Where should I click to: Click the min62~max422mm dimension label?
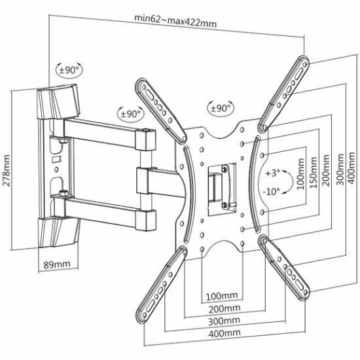click(175, 21)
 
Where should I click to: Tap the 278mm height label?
click(6, 170)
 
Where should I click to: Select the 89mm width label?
click(57, 264)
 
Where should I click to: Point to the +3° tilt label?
click(272, 173)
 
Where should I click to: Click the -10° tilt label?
click(272, 191)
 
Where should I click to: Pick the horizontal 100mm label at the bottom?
click(222, 296)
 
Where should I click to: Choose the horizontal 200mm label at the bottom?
click(225, 308)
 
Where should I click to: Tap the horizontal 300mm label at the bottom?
click(224, 321)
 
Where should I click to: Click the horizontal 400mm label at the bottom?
click(225, 333)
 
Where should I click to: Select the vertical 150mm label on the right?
click(314, 172)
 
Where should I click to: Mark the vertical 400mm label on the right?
click(351, 168)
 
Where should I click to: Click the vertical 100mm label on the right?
click(301, 173)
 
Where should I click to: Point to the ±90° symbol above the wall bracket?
click(69, 69)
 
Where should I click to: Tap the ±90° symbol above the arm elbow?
click(131, 114)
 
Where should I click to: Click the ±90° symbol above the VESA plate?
click(221, 108)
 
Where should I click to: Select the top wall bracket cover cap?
click(58, 101)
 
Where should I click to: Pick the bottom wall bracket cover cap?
click(59, 232)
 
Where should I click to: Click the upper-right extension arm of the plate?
click(284, 94)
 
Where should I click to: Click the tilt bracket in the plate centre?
click(222, 190)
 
